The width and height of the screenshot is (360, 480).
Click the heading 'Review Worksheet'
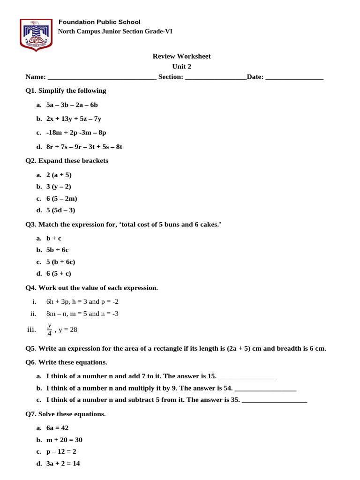coord(181,56)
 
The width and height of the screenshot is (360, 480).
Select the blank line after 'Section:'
coord(216,77)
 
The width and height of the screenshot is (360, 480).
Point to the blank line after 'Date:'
coord(294,77)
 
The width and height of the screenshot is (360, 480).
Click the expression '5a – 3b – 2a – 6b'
coord(72,105)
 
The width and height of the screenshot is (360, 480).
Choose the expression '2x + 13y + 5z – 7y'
coord(74,119)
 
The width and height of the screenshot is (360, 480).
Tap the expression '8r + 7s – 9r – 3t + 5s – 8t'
coord(84,147)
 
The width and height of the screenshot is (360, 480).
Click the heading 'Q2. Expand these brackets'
coord(67,161)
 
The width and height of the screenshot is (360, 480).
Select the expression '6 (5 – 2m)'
coord(61,198)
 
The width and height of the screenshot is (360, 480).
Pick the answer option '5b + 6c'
coord(57,250)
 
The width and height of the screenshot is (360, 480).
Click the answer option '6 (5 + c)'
coord(59,274)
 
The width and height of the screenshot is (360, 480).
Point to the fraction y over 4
coord(49,330)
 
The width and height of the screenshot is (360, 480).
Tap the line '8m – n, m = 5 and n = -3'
coord(82,314)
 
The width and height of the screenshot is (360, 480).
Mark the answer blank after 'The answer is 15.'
coord(247,377)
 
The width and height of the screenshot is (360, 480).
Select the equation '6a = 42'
coord(57,428)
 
